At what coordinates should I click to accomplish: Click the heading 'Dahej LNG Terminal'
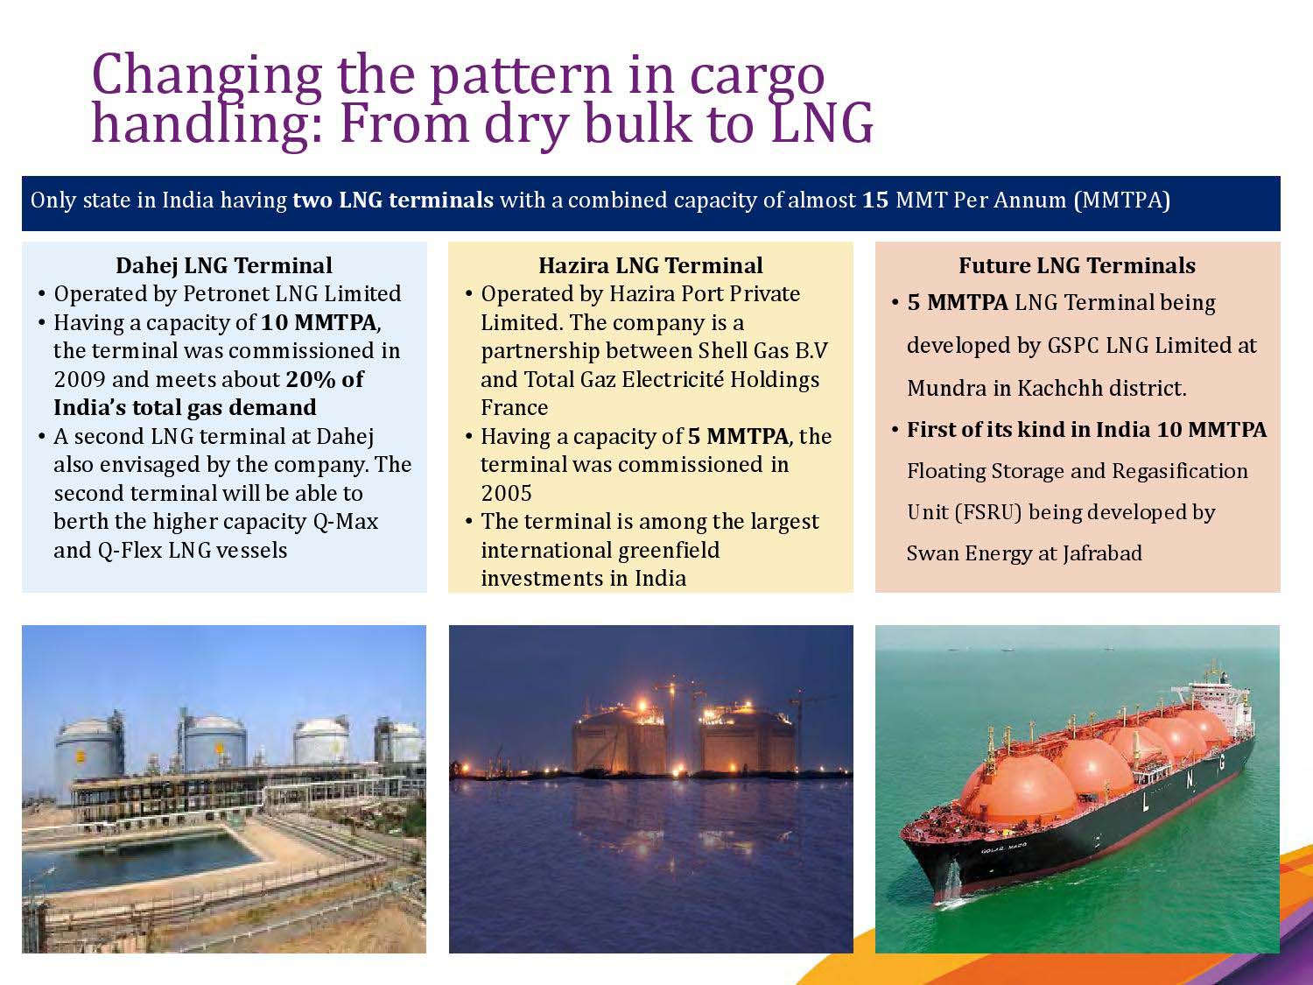pyautogui.click(x=224, y=265)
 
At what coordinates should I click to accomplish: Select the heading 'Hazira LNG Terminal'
pyautogui.click(x=650, y=265)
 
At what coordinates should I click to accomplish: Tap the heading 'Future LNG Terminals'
pyautogui.click(x=1077, y=265)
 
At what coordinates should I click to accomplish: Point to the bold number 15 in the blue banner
pyautogui.click(x=875, y=200)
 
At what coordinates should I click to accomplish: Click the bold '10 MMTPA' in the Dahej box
pyautogui.click(x=319, y=322)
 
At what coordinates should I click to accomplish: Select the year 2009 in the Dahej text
pyautogui.click(x=80, y=379)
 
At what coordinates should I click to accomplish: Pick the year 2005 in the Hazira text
pyautogui.click(x=506, y=494)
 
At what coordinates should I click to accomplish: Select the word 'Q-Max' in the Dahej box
pyautogui.click(x=346, y=522)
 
